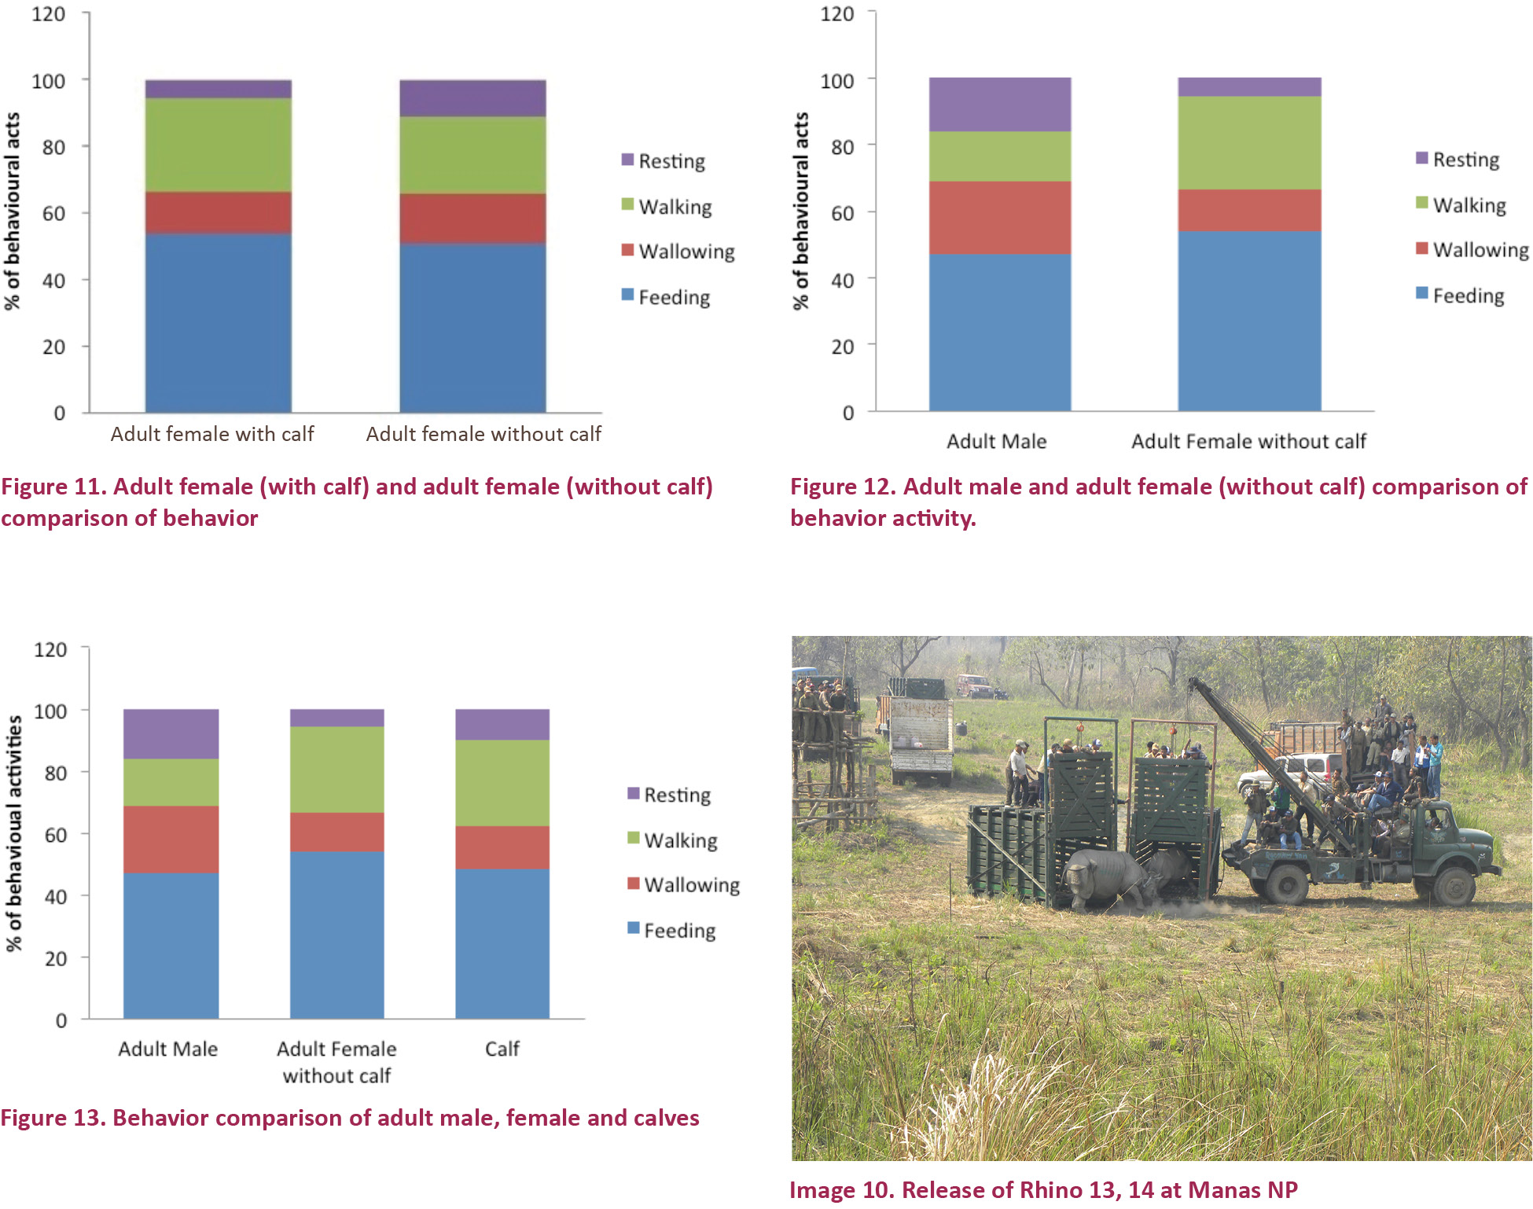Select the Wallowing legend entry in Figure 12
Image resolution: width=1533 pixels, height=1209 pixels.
[x=1472, y=250]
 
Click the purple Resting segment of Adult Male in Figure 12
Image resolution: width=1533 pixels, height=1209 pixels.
[x=999, y=105]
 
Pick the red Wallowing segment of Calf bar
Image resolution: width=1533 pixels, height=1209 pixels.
[x=502, y=847]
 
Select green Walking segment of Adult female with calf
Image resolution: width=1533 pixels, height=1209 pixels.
[x=218, y=145]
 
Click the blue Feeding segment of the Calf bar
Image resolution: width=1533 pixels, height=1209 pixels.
[x=502, y=943]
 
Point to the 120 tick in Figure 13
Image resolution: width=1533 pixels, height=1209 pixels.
[x=50, y=649]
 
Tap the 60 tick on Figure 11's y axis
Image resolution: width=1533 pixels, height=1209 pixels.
[x=53, y=213]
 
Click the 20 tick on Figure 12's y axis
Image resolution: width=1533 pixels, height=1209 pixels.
[x=842, y=346]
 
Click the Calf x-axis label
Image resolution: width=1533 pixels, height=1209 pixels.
[x=502, y=1049]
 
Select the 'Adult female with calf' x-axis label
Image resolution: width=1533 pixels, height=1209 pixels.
[x=212, y=434]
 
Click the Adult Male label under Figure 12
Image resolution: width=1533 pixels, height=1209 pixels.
[x=996, y=441]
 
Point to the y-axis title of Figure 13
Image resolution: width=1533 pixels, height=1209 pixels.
[x=14, y=833]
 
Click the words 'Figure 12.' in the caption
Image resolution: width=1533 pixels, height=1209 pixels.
[x=843, y=487]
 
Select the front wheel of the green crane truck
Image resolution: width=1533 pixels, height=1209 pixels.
[x=1454, y=884]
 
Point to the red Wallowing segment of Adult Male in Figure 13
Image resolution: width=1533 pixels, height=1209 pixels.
[x=171, y=839]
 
